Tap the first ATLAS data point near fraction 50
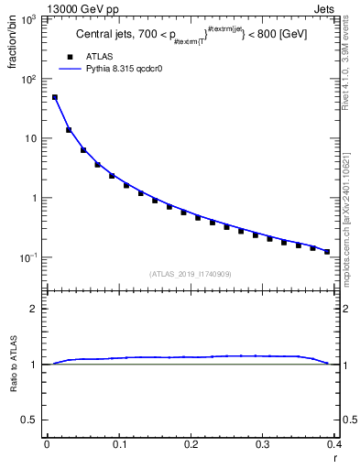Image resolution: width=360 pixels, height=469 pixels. (x=54, y=97)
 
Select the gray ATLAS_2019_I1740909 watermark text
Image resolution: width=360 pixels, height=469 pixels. (x=190, y=274)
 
